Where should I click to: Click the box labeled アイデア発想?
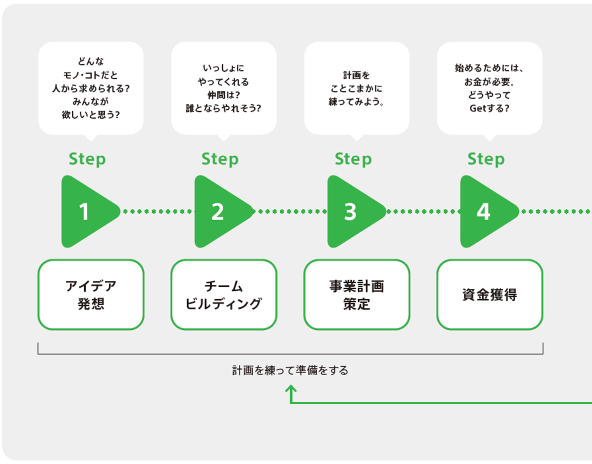[91, 295]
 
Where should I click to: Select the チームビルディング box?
[224, 295]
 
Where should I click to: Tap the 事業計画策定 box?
[356, 295]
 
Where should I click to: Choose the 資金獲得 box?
[490, 295]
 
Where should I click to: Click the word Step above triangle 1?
[87, 159]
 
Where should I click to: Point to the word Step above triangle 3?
[353, 159]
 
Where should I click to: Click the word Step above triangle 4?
[486, 159]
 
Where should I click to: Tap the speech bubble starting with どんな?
[91, 88]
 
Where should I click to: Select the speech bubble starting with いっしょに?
[224, 88]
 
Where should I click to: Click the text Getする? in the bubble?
[489, 108]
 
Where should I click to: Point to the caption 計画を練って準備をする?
[290, 370]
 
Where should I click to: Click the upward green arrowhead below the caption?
[291, 388]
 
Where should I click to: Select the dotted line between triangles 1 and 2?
[157, 211]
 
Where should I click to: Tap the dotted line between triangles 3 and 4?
[423, 211]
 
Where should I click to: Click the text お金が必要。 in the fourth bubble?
[489, 82]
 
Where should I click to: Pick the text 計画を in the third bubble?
[356, 75]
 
